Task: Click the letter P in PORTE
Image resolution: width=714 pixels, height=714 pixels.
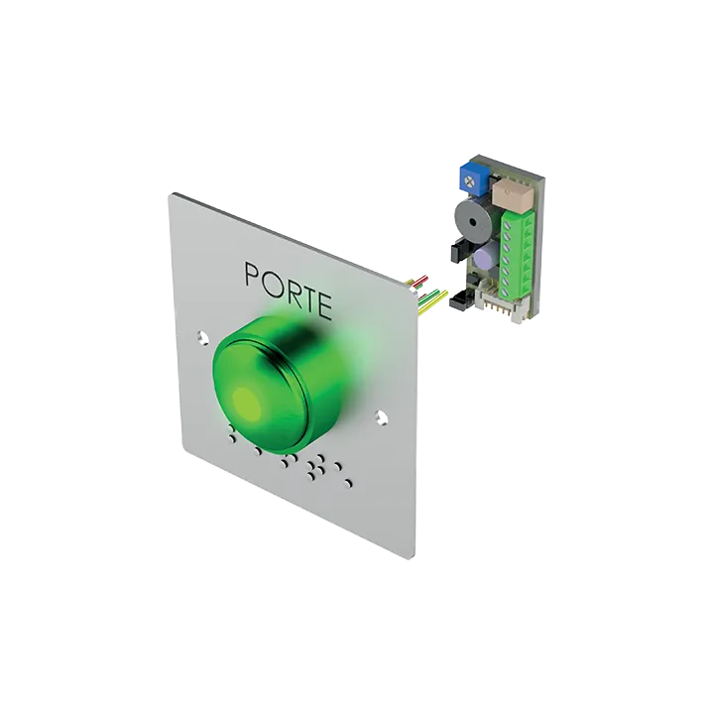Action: (x=253, y=275)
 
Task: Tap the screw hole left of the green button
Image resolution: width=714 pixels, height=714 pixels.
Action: (x=202, y=338)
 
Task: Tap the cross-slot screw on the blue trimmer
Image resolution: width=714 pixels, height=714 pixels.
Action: (x=469, y=182)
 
